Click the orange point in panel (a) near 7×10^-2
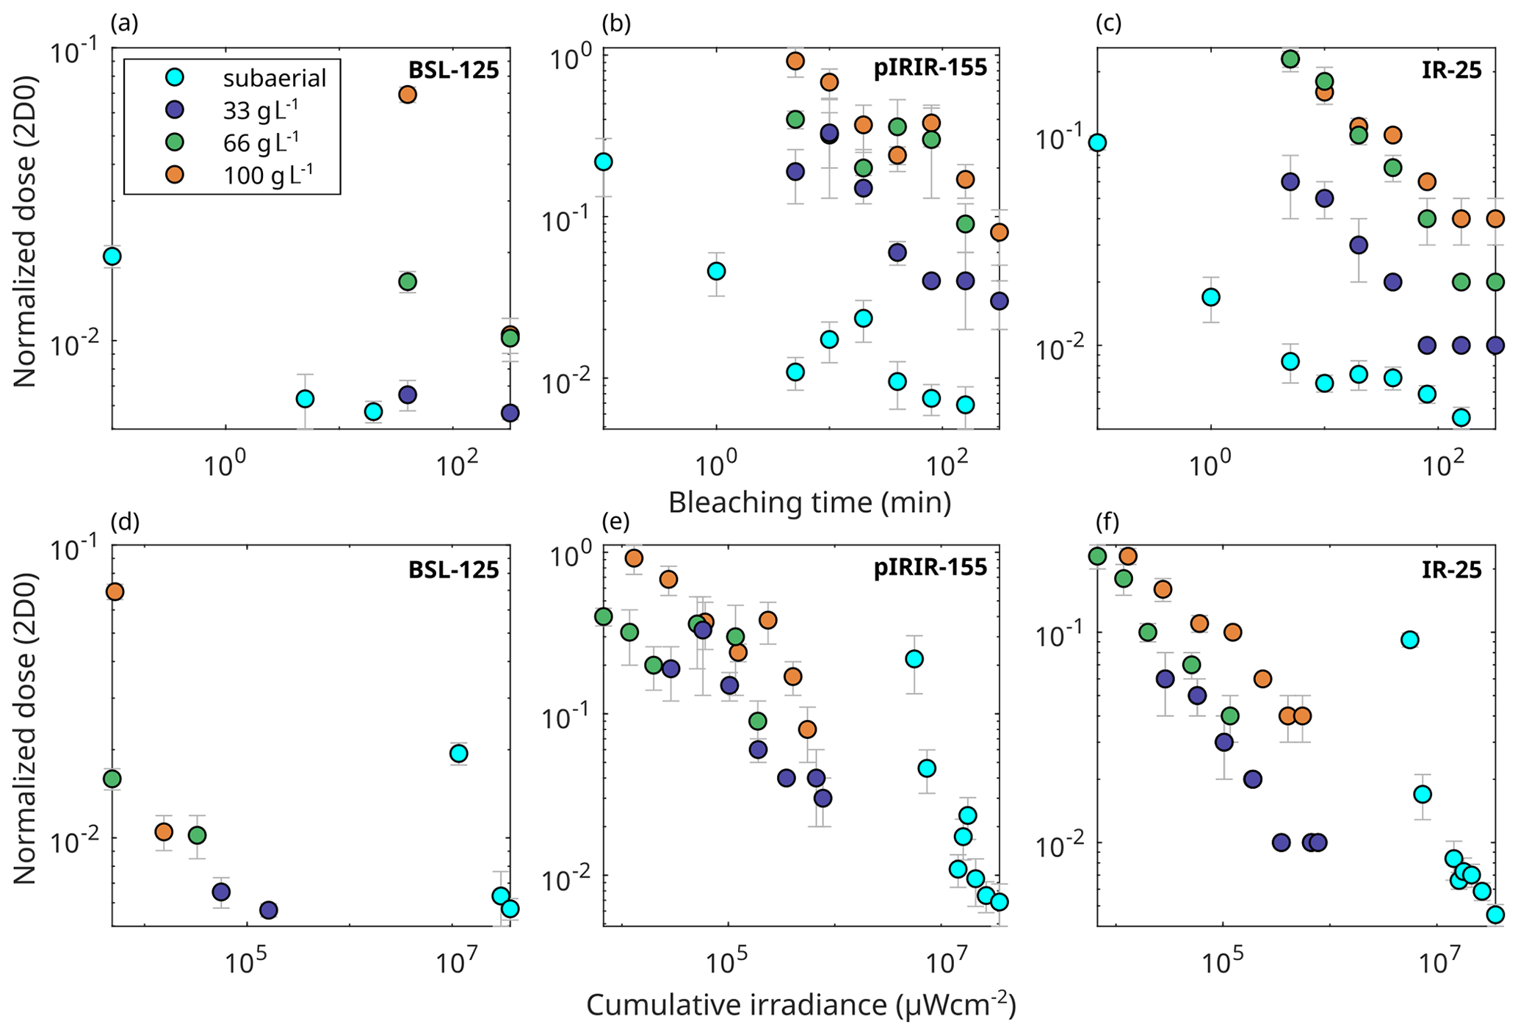(x=408, y=95)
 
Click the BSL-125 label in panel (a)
(x=453, y=71)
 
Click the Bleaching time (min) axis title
(x=809, y=503)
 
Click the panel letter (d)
(x=124, y=522)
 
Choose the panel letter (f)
(x=1107, y=522)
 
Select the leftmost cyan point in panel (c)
(x=1097, y=143)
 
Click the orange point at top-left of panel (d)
(x=114, y=592)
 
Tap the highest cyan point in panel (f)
(x=1409, y=640)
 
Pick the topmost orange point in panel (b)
(x=795, y=61)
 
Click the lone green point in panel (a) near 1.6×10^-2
(x=408, y=282)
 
